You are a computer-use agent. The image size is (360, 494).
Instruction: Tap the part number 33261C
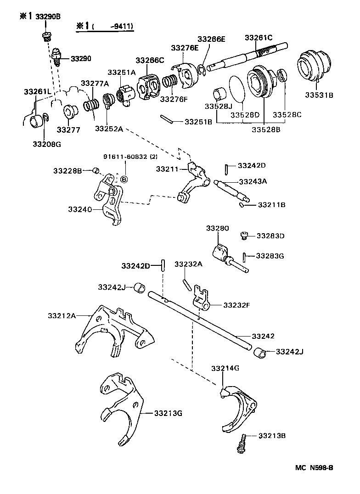tap(259, 38)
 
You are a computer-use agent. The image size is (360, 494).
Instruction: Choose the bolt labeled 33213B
tap(241, 445)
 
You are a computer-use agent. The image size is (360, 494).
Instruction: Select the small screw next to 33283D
tap(244, 236)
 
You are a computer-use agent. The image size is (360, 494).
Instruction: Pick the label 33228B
tap(67, 171)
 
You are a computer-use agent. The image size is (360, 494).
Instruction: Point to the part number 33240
tap(79, 209)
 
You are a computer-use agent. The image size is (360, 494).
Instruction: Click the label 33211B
tap(271, 205)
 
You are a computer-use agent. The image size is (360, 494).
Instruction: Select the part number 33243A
tap(252, 181)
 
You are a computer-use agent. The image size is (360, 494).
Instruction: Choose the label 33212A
tap(63, 315)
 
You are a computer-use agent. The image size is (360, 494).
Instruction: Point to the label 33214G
tap(225, 368)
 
